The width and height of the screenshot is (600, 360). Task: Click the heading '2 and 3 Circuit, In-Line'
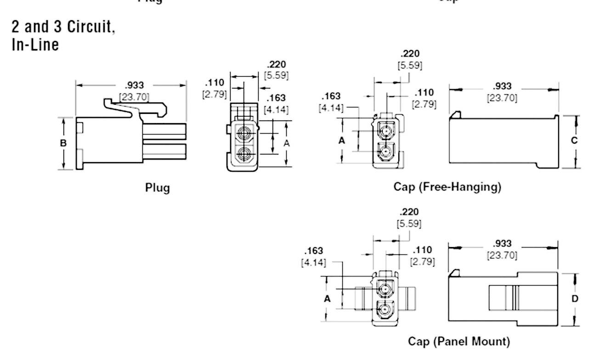click(63, 35)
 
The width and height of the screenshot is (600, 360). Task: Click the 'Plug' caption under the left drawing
click(157, 188)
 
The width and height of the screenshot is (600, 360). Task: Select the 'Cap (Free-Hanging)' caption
click(447, 187)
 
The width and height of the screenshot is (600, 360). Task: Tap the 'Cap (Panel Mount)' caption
click(458, 341)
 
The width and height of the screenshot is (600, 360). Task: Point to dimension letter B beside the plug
click(63, 143)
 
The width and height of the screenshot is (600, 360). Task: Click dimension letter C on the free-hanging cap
click(574, 141)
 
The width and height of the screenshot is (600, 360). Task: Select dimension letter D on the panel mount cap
click(575, 298)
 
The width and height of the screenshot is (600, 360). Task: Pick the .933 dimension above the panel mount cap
click(502, 244)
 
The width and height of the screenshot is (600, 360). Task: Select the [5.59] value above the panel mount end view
click(409, 224)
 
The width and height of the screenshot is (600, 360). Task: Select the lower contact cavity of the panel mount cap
click(385, 309)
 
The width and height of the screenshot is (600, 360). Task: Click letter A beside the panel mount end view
click(327, 299)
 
